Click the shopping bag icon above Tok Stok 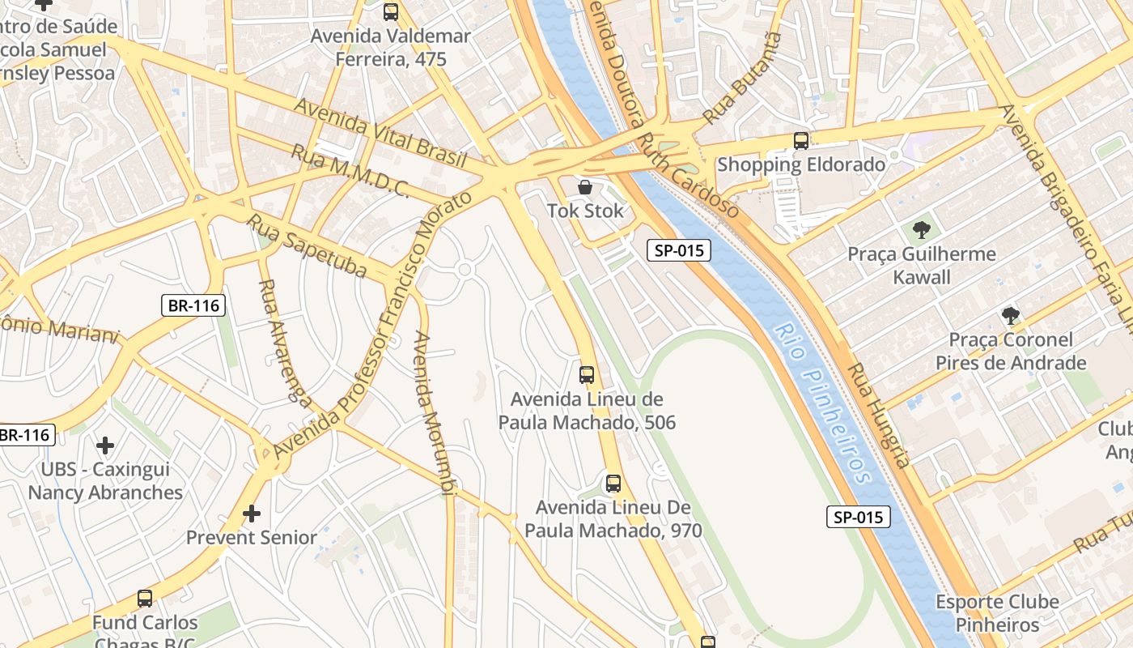pos(584,188)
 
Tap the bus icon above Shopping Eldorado pos(801,141)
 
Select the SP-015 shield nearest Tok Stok pos(679,250)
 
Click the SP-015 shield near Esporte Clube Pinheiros pos(858,517)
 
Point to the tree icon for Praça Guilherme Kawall pos(921,230)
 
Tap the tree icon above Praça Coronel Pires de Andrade pos(1010,316)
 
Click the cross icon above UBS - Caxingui pos(105,446)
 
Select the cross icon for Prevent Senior pos(252,514)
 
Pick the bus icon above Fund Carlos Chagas pos(145,599)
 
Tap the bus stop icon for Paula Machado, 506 pos(587,375)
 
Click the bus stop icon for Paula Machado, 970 pos(613,484)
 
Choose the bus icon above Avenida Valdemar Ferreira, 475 pos(391,12)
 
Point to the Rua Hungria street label pos(879,415)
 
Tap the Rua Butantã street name pos(743,78)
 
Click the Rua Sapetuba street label pos(308,246)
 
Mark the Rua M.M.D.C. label pos(350,171)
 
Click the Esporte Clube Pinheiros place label pos(997,613)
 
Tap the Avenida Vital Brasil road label pos(380,133)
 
